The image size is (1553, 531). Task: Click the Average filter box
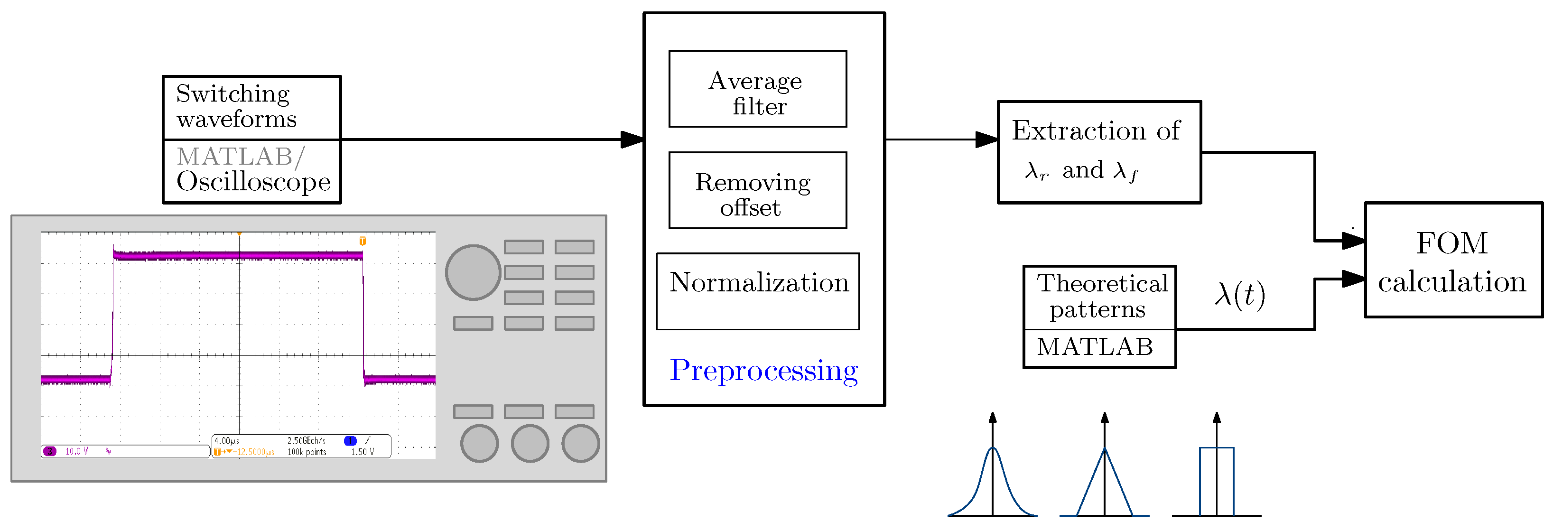(757, 89)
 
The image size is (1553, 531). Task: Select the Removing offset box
(757, 190)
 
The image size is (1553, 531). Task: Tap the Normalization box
(757, 290)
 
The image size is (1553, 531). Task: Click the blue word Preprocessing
(763, 370)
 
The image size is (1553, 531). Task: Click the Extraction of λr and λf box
(1099, 152)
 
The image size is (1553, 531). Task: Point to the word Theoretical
(1102, 283)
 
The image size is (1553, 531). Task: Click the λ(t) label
(1239, 295)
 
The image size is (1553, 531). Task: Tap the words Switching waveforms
(236, 107)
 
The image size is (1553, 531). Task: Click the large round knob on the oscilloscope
(473, 272)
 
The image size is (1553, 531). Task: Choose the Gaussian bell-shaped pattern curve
(992, 482)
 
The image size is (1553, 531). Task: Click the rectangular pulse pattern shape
(1217, 482)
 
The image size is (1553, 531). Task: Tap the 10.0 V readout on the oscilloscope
(76, 451)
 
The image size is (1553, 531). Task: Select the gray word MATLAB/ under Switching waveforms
(241, 157)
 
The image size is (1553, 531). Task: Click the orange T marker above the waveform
(363, 241)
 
